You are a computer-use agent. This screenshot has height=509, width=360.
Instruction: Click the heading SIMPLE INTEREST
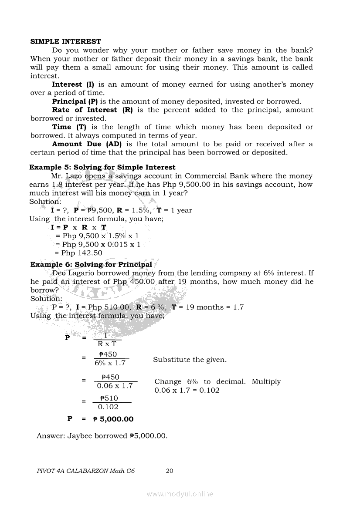pos(65,42)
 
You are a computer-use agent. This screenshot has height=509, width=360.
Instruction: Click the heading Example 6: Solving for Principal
pos(92,264)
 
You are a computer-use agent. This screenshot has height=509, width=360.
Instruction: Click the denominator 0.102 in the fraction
pos(108,407)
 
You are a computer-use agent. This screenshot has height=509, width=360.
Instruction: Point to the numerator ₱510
pos(109,398)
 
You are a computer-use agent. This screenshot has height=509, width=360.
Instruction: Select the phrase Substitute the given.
pos(190,360)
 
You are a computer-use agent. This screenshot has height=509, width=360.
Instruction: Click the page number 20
pos(170,471)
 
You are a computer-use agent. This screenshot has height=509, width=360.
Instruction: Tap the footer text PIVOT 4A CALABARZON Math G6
pos(85,471)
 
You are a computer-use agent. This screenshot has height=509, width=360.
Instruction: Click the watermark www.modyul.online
pos(180,494)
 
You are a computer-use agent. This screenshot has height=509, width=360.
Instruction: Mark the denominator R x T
pos(107,344)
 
